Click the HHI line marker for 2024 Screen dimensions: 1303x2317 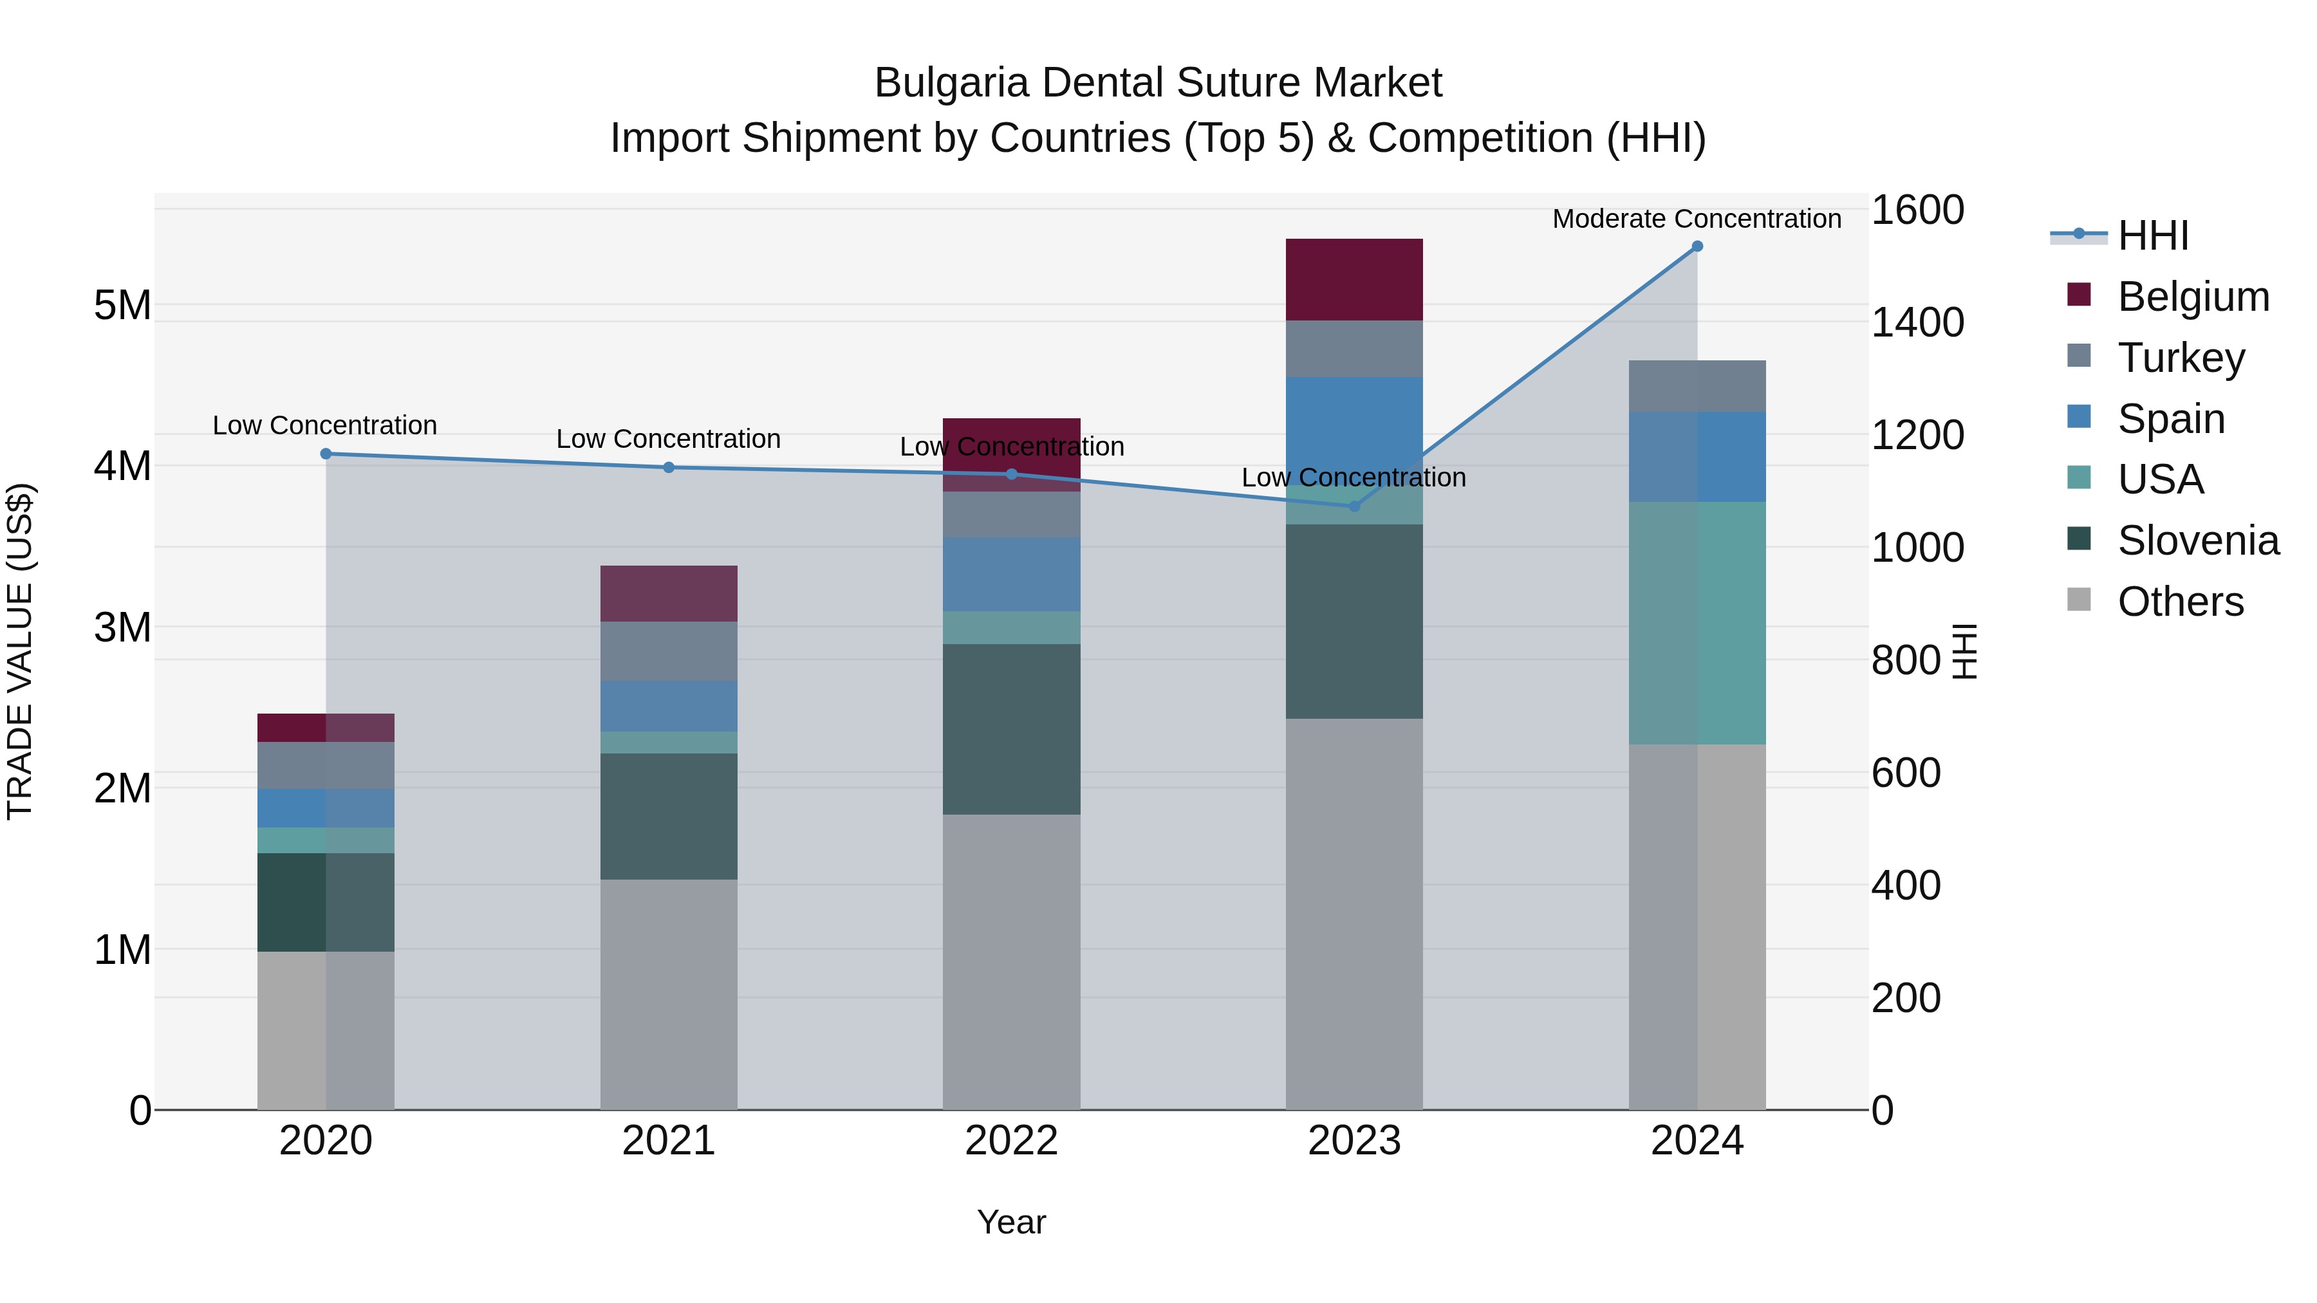(1697, 246)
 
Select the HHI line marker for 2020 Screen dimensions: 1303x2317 (326, 454)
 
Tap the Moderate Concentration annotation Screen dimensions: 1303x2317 (1697, 219)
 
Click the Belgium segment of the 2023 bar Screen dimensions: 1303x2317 (1354, 280)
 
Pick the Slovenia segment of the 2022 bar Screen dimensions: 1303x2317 (1011, 729)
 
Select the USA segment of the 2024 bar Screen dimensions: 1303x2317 (1697, 622)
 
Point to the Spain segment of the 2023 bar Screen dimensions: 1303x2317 (1354, 423)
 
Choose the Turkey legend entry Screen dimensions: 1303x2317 (2181, 358)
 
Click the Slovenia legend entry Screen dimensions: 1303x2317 (2197, 541)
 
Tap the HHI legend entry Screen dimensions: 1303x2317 (2152, 236)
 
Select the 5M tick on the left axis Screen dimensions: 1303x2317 (122, 306)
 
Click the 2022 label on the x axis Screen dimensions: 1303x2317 (1011, 1141)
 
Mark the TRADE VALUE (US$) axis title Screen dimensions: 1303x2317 (20, 651)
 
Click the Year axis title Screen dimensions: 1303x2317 (1011, 1222)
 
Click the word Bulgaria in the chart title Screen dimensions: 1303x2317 (951, 83)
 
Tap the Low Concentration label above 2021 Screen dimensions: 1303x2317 (668, 439)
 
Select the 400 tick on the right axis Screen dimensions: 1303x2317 (1905, 886)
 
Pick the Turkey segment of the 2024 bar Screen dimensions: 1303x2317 (1697, 386)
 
